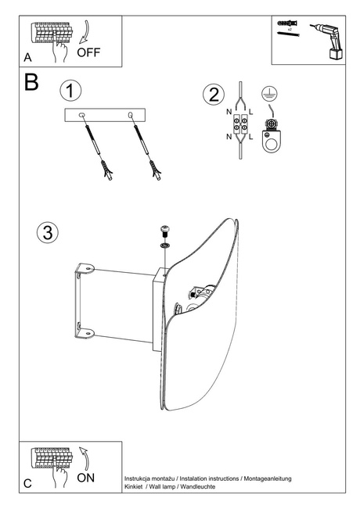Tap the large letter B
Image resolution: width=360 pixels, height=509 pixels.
[x=31, y=83]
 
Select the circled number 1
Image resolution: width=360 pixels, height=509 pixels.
[x=70, y=90]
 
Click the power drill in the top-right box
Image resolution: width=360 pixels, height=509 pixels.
[x=325, y=41]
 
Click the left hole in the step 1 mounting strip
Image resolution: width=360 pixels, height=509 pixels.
[x=83, y=116]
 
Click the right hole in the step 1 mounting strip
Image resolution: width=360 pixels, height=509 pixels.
[x=130, y=116]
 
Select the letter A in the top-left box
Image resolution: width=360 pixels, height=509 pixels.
[x=27, y=58]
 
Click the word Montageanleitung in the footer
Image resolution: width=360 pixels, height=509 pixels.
[x=265, y=478]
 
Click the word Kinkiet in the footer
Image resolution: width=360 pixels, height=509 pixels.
[x=136, y=486]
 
